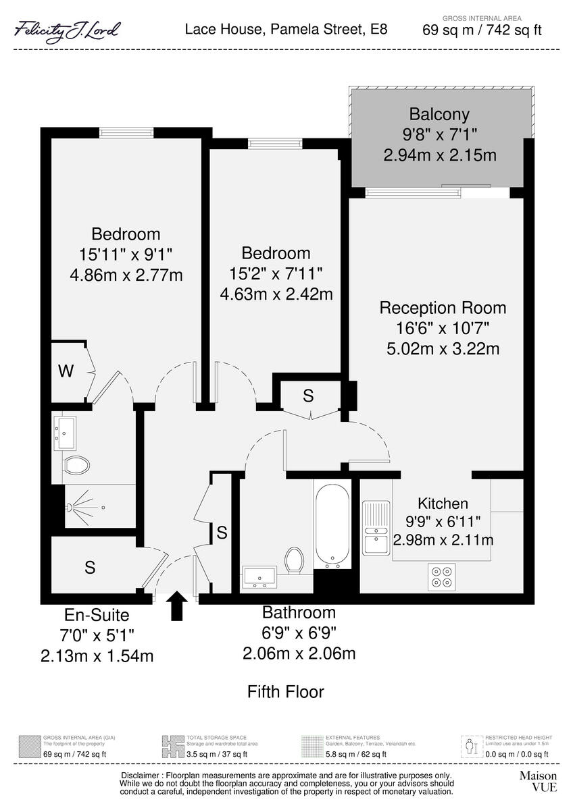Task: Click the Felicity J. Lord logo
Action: pos(68,30)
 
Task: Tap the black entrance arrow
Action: pos(177,605)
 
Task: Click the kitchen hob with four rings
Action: pos(441,576)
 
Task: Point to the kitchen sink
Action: pos(375,528)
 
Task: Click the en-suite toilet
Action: pos(76,466)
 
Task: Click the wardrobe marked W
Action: pos(66,371)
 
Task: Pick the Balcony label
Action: pos(439,113)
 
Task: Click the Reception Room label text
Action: pos(443,308)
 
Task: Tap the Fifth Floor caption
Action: pos(285,692)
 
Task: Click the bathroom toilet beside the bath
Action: pos(293,559)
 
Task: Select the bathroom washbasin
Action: pos(259,576)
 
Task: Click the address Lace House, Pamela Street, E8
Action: pos(286,30)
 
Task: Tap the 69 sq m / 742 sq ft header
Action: pos(482,30)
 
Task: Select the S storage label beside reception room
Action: pos(307,397)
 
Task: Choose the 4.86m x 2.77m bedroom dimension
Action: pos(126,275)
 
